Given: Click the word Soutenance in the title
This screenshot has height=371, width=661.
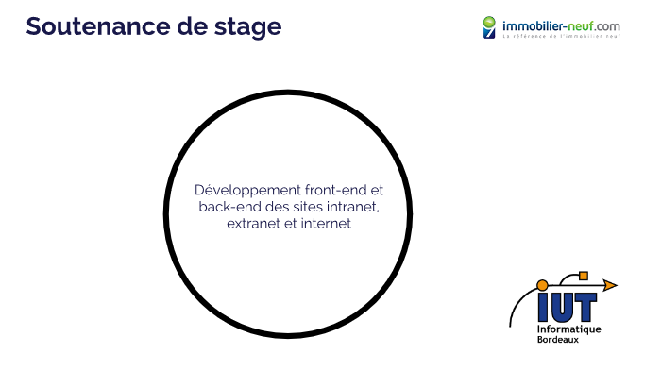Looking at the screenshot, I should coord(91,26).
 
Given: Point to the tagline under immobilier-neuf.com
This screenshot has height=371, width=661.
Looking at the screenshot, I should coord(560,37).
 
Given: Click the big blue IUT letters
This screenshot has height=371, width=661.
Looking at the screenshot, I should coord(567,306).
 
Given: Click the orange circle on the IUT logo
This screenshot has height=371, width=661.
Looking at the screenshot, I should coord(542,284).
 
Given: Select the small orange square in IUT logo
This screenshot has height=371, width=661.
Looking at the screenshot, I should coord(583,276).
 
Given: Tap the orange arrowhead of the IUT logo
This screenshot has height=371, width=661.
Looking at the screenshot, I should coord(610,284).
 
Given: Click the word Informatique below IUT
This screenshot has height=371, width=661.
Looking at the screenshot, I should coord(568,329).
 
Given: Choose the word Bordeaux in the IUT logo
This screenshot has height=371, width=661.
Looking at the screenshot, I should coord(558,339).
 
